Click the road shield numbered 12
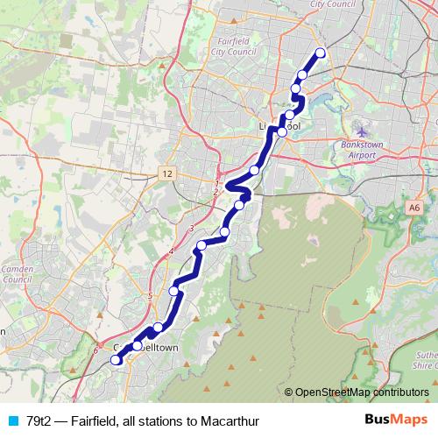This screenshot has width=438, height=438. (166, 175)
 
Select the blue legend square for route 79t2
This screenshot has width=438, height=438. (11, 420)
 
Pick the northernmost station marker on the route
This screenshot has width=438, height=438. (320, 53)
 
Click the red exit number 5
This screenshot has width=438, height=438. (151, 296)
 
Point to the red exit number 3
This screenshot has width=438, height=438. (191, 230)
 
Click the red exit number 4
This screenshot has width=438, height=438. (172, 252)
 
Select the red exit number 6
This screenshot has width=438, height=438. (95, 351)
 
